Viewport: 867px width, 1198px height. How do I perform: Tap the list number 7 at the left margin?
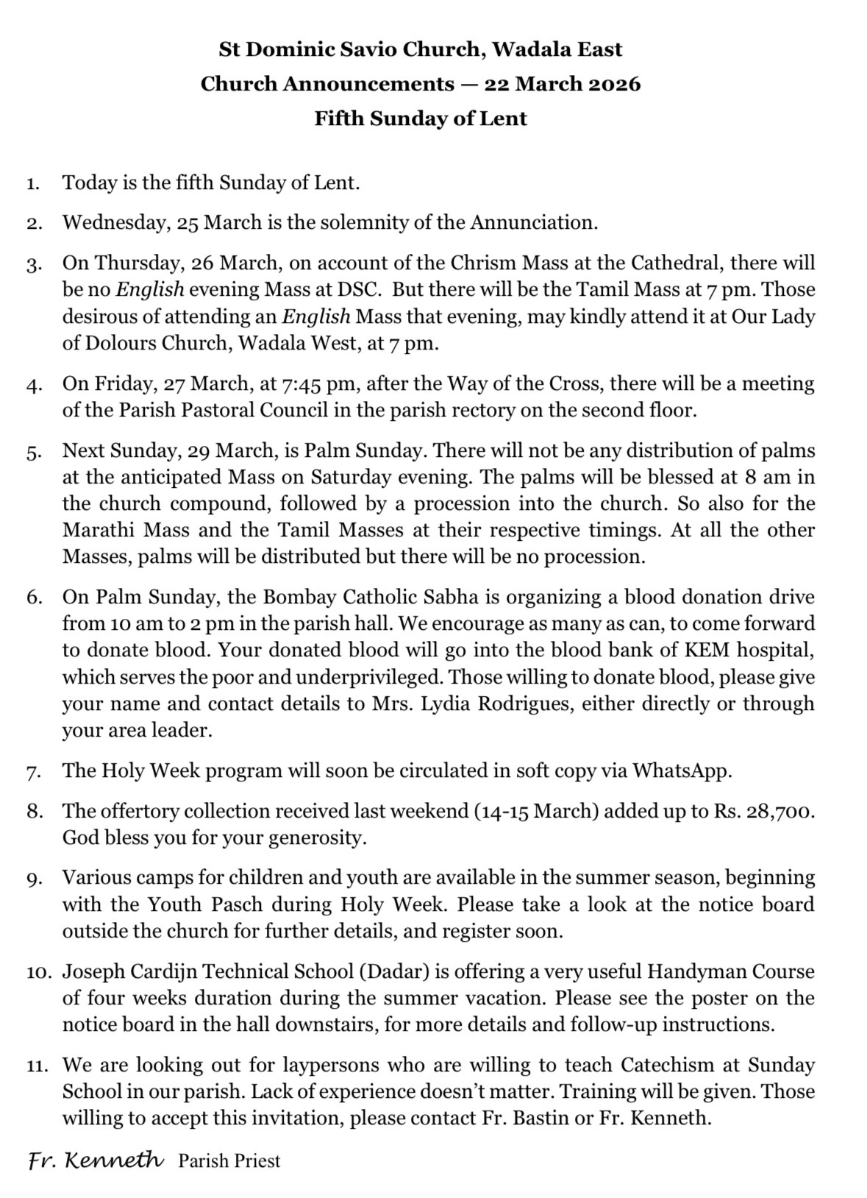tap(33, 773)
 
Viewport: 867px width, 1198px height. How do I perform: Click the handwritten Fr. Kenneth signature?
tap(96, 1160)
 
